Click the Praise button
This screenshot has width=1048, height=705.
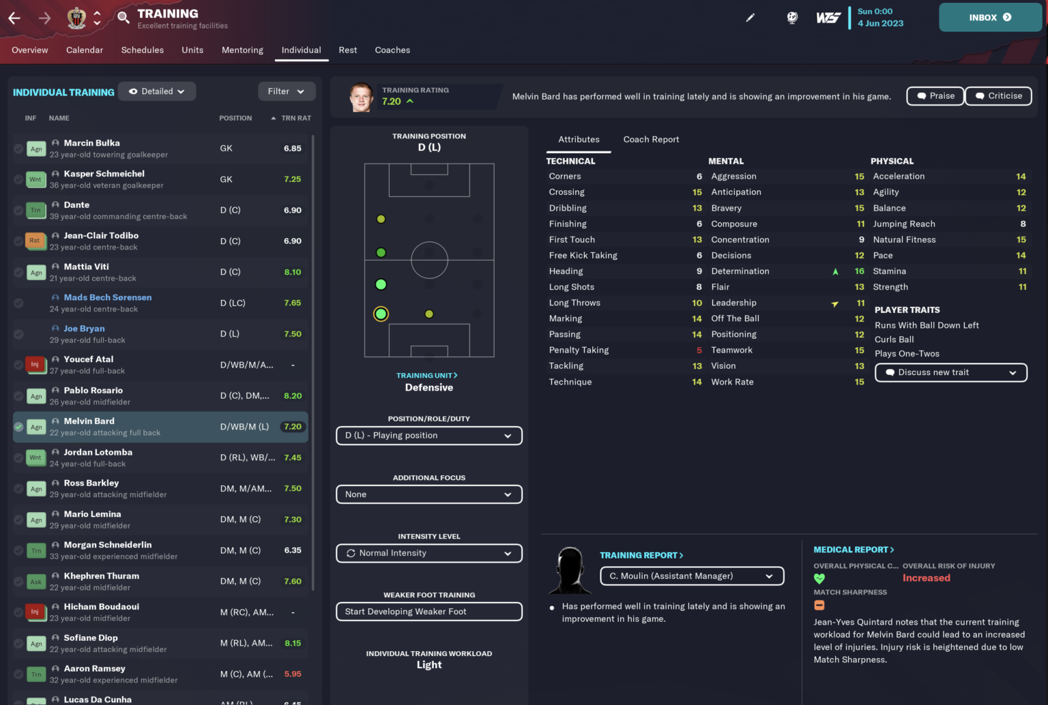[x=935, y=96]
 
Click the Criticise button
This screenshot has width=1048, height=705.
[x=998, y=96]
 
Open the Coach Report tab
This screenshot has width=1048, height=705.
[x=651, y=140]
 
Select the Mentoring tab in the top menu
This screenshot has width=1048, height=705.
[x=242, y=50]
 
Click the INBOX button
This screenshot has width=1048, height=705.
[x=990, y=18]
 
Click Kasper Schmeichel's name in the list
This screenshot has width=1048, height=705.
[x=104, y=174]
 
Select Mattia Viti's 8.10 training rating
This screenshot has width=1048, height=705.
[x=293, y=272]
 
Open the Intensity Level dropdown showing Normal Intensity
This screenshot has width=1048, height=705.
[x=429, y=553]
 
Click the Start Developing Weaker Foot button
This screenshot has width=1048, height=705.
[x=429, y=612]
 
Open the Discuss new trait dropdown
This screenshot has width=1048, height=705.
[x=950, y=372]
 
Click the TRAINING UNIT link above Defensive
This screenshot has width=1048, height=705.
[x=427, y=376]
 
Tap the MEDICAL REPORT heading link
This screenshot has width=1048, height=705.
[x=854, y=550]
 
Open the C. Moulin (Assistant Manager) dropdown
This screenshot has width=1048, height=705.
[x=692, y=576]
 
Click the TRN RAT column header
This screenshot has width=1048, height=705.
[x=295, y=119]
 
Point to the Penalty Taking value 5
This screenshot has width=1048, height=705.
[x=699, y=350]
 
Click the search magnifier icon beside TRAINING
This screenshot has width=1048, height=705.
[x=123, y=17]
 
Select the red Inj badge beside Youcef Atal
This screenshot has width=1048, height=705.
[x=35, y=365]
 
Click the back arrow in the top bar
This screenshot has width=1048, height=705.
[x=14, y=18]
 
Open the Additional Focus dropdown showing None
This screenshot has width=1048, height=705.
[x=429, y=494]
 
